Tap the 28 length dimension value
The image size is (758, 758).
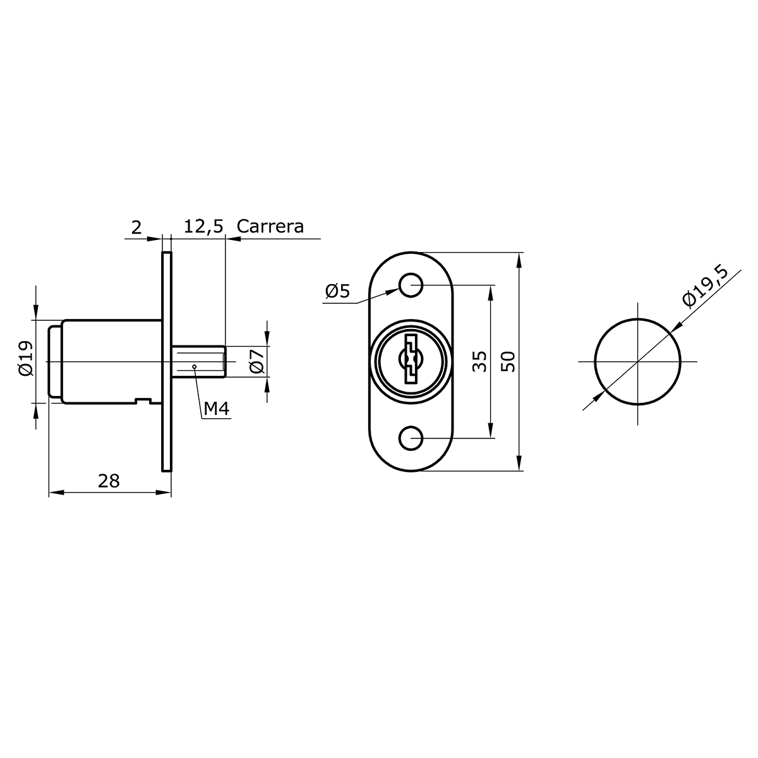(109, 481)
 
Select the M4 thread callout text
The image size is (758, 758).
(217, 409)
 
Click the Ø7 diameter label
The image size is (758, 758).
(257, 361)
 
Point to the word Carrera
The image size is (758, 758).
(270, 226)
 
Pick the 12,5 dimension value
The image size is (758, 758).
(203, 227)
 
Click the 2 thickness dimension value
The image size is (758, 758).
(136, 228)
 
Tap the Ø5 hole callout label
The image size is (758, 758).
(337, 291)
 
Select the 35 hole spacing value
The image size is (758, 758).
(479, 361)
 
